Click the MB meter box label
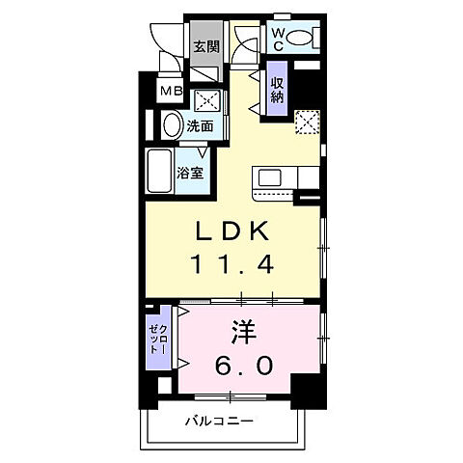(171, 93)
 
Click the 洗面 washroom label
(200, 125)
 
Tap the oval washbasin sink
(172, 125)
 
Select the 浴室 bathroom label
(190, 174)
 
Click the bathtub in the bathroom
(160, 174)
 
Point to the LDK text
(232, 231)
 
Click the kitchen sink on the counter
(268, 179)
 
